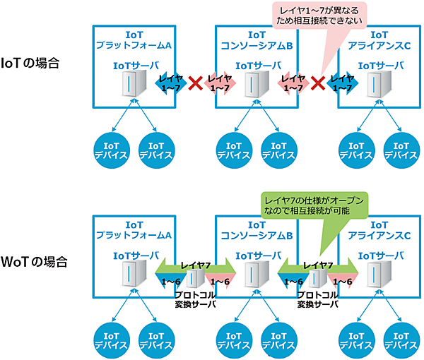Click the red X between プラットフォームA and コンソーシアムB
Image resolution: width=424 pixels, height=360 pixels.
click(196, 85)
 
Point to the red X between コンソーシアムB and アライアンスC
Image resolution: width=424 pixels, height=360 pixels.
click(319, 85)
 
